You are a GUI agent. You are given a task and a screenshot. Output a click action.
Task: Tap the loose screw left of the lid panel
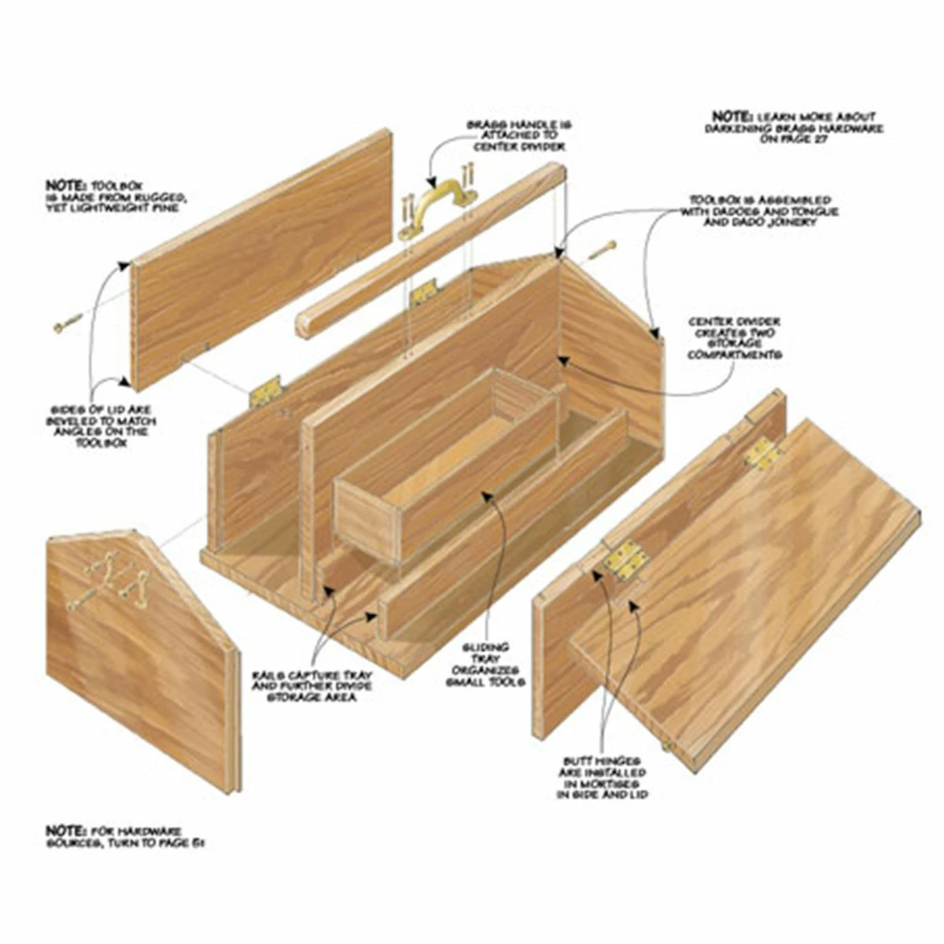[x=68, y=323]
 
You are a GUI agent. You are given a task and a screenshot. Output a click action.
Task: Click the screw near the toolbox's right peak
[x=601, y=251]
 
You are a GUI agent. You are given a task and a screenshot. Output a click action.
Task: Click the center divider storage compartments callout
[x=734, y=338]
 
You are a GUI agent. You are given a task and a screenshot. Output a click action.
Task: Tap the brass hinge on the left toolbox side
[x=264, y=391]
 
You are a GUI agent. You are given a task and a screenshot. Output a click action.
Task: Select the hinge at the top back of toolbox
[x=423, y=292]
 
